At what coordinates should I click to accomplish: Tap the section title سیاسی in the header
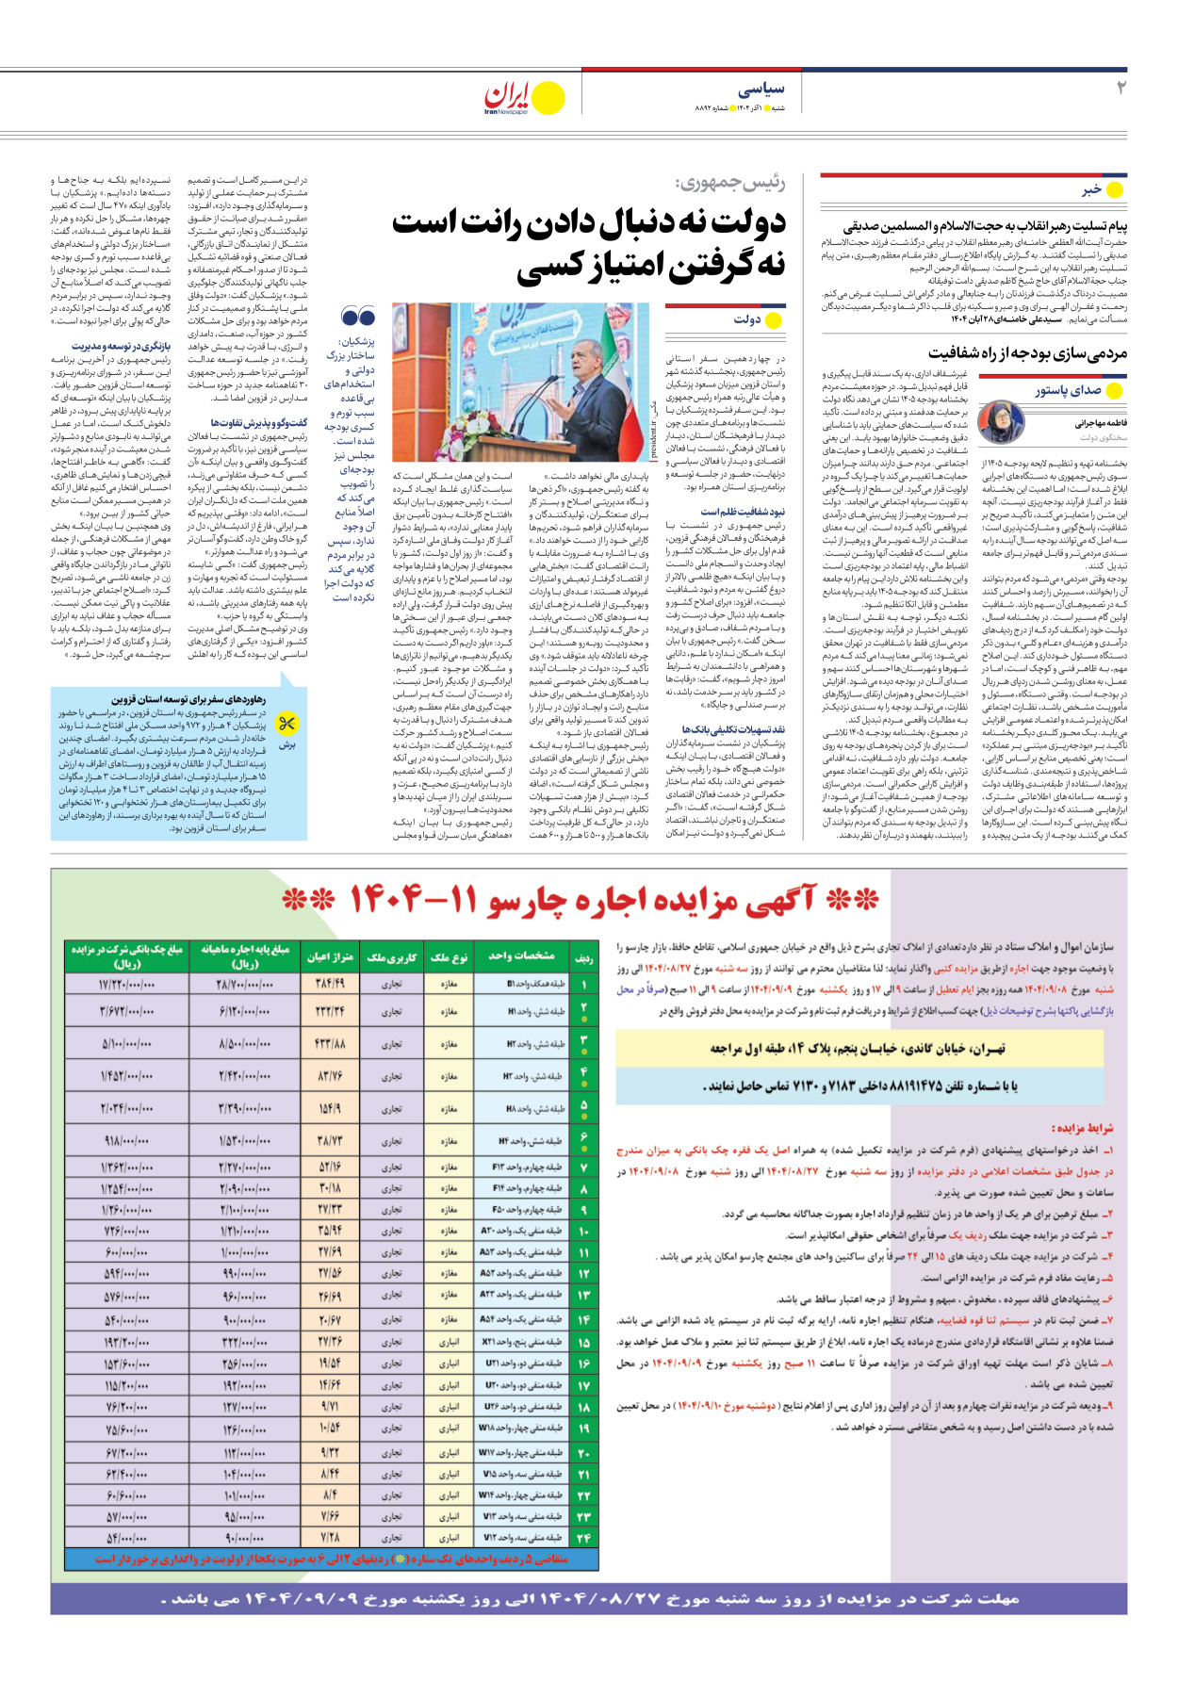coord(761,89)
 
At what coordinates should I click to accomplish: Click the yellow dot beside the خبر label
coord(1115,190)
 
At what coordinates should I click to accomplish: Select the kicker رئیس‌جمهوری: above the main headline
coord(730,183)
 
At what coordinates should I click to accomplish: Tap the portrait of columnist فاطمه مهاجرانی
coord(1001,421)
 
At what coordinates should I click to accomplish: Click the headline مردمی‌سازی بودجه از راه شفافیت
coord(1027,353)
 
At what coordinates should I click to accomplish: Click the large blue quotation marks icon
coord(358,317)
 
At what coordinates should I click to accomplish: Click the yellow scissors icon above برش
coord(287,724)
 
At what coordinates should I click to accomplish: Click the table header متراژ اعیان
coord(330,957)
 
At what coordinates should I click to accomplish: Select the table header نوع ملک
coord(449,957)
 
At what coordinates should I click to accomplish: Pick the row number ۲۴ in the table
coord(584,1537)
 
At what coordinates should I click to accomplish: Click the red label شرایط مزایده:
coord(1082,1128)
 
